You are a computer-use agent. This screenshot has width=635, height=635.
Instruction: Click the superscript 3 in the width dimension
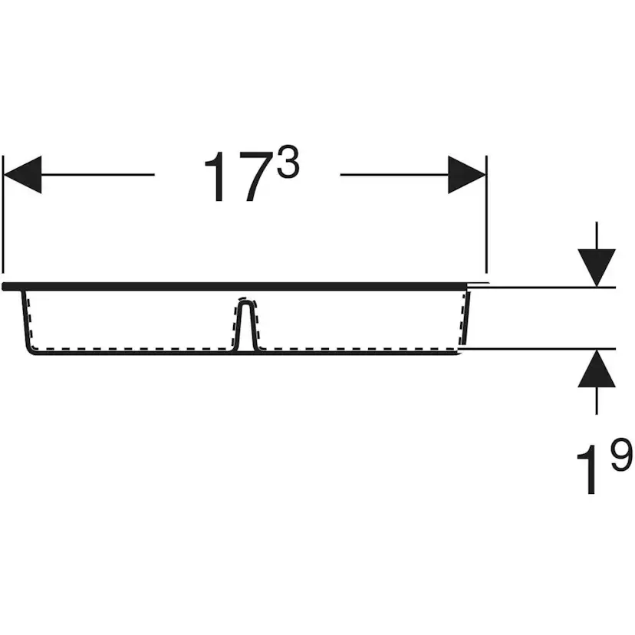point(288,163)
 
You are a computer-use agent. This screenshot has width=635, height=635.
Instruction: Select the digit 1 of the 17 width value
point(216,177)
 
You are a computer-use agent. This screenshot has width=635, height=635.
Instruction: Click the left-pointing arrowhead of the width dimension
point(22,175)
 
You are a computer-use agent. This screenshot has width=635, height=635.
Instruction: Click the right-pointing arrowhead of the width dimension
point(467,175)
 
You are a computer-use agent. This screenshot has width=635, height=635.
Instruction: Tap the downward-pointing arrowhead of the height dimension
point(597,268)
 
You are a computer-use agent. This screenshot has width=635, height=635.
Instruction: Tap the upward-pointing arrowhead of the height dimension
point(597,368)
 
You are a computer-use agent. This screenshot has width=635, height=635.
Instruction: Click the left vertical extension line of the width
point(3,214)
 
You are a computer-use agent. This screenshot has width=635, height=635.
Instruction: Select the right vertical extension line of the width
point(486,214)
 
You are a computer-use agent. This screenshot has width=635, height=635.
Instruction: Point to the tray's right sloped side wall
point(466,318)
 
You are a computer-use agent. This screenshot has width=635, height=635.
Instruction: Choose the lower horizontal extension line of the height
point(538,348)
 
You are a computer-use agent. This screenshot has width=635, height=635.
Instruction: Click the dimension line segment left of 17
point(98,175)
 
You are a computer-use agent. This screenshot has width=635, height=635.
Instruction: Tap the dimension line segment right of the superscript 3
point(394,175)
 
